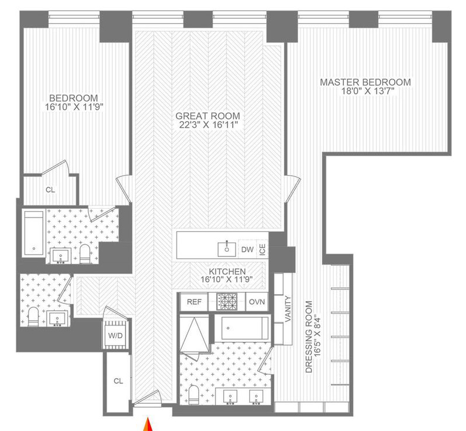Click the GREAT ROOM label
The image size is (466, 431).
pyautogui.click(x=207, y=116)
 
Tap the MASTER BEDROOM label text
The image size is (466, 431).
pyautogui.click(x=365, y=82)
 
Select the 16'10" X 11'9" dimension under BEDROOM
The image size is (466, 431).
pyautogui.click(x=74, y=107)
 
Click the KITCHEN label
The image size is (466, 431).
pyautogui.click(x=227, y=271)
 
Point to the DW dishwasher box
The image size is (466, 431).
pyautogui.click(x=248, y=249)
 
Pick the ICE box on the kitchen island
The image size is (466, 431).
pyautogui.click(x=262, y=249)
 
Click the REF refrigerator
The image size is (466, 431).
pyautogui.click(x=194, y=302)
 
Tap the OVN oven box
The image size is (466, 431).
pyautogui.click(x=257, y=302)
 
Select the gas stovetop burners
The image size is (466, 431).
pyautogui.click(x=227, y=302)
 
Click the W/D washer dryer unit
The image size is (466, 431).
pyautogui.click(x=115, y=335)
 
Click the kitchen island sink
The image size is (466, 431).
pyautogui.click(x=227, y=249)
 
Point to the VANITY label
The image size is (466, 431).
pyautogui.click(x=288, y=309)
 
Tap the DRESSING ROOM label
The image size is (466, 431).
pyautogui.click(x=309, y=336)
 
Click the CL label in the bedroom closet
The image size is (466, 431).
pyautogui.click(x=50, y=190)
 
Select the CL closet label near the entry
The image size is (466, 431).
pyautogui.click(x=119, y=381)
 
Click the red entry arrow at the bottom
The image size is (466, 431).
pyautogui.click(x=148, y=425)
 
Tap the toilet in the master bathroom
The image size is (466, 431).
pyautogui.click(x=193, y=394)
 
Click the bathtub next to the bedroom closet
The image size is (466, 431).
pyautogui.click(x=34, y=233)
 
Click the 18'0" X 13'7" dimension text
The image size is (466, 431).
pyautogui.click(x=368, y=91)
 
